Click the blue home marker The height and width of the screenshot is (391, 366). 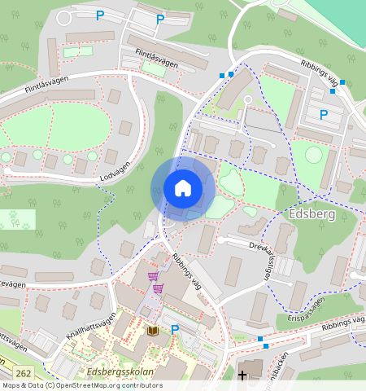183,188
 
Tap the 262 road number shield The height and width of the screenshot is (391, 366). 23,373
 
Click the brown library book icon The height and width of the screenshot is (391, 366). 153,332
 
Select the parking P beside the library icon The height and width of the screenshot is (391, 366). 175,330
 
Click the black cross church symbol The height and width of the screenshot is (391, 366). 242,376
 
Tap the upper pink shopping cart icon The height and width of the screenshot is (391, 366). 153,276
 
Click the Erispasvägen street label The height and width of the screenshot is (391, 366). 307,310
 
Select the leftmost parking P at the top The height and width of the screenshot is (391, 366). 101,15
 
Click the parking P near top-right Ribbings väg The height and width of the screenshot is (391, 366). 324,115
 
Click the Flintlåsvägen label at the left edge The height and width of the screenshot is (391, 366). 34,86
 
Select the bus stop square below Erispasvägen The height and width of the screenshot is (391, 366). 260,338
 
